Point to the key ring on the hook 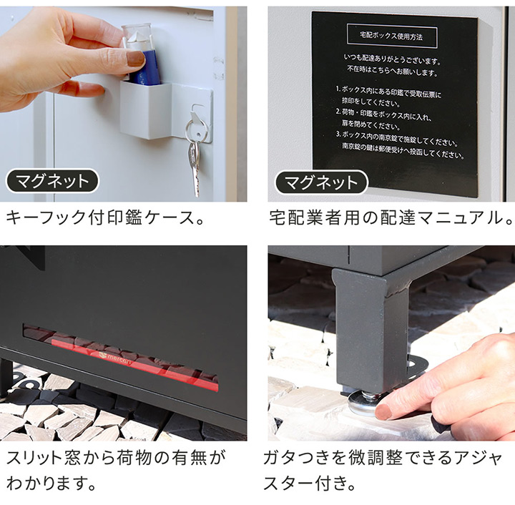(x=195, y=129)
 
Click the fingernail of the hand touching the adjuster (x=384, y=412)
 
